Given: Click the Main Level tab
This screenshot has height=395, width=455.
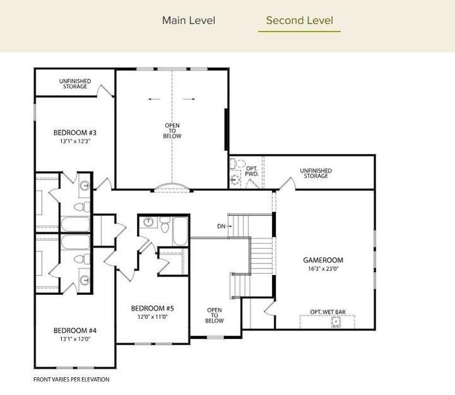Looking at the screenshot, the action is (x=188, y=20).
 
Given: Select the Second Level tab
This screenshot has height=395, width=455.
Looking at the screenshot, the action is (x=300, y=20).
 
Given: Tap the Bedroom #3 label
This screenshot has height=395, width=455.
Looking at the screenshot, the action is (x=75, y=132).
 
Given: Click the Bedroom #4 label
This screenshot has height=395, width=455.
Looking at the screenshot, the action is (x=75, y=330).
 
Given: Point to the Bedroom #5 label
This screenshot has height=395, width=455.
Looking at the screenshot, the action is (x=152, y=308).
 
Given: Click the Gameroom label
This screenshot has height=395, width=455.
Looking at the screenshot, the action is (x=323, y=260).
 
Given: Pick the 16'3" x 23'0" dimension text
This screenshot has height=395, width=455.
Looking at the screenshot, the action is (x=323, y=269).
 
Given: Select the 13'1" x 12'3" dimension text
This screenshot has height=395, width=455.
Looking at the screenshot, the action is (x=76, y=142).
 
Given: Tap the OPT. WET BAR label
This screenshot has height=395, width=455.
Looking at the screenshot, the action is (x=328, y=312).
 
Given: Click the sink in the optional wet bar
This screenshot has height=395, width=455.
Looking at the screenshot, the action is (x=336, y=323).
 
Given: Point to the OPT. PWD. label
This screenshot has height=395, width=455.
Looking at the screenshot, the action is (x=252, y=171).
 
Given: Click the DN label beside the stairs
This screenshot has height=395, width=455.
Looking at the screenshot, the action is (x=221, y=226).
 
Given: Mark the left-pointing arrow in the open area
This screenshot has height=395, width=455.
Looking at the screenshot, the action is (x=154, y=99).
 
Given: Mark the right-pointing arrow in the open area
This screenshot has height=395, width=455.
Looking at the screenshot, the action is (x=189, y=99).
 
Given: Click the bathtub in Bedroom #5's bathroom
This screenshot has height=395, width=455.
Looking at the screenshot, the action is (x=180, y=232).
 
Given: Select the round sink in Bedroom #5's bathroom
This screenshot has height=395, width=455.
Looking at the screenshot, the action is (x=148, y=222).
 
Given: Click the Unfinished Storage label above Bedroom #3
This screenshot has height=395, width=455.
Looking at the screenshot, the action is (x=75, y=84).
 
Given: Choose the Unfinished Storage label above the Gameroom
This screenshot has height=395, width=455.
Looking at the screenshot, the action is (x=316, y=173).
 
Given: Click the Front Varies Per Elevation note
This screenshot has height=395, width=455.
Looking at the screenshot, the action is (x=71, y=379).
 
